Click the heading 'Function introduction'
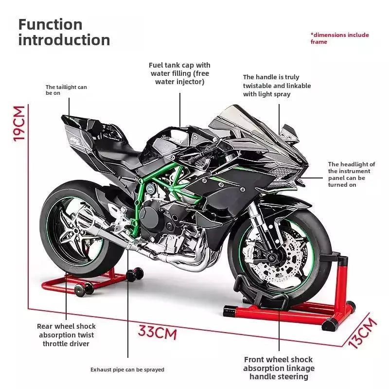point(64,32)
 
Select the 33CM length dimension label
point(157,333)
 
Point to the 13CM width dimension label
point(363,333)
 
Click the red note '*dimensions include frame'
point(339,38)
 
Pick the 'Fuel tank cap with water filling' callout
point(180,73)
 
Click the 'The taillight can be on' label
point(66,90)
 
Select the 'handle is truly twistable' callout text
point(277,86)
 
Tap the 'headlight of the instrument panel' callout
point(351,175)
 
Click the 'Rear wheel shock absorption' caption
point(66,335)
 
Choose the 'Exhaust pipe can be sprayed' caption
point(127,370)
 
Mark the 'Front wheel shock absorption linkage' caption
point(279,368)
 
